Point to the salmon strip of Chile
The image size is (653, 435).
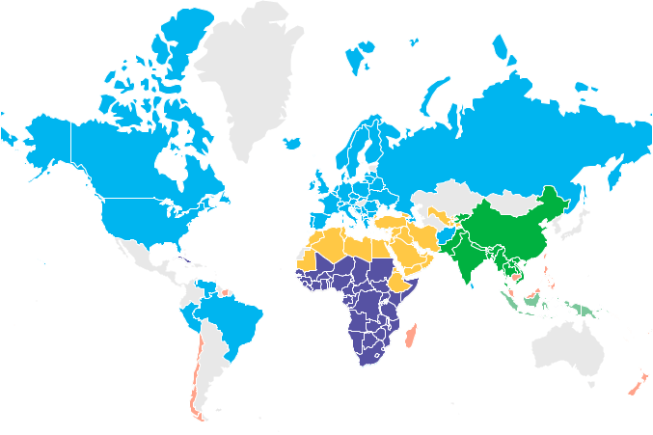[193, 376]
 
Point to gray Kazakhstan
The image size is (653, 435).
[444, 193]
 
